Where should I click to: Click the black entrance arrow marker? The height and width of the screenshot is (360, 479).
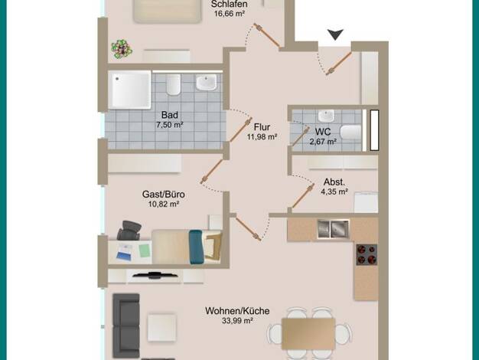pyautogui.click(x=335, y=34)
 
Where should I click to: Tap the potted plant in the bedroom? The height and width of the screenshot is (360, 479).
pyautogui.click(x=122, y=49)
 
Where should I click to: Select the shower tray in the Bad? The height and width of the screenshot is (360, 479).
pyautogui.click(x=130, y=90)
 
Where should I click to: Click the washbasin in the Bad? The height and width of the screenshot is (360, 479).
pyautogui.click(x=206, y=83)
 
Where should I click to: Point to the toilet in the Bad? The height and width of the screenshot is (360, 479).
pyautogui.click(x=173, y=84)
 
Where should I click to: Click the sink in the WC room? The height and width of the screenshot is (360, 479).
pyautogui.click(x=326, y=116)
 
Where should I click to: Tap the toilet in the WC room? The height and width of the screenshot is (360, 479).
pyautogui.click(x=351, y=133)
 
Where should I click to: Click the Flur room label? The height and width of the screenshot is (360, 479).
pyautogui.click(x=262, y=127)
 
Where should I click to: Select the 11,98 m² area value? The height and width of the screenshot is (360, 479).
pyautogui.click(x=262, y=137)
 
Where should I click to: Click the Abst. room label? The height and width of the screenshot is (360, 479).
pyautogui.click(x=334, y=182)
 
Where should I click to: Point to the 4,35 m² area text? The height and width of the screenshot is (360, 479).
pyautogui.click(x=334, y=191)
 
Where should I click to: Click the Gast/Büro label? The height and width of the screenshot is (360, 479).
pyautogui.click(x=164, y=195)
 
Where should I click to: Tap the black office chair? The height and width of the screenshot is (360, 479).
pyautogui.click(x=129, y=231)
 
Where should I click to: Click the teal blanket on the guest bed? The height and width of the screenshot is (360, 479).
pyautogui.click(x=196, y=247)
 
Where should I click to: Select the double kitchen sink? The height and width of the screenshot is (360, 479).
pyautogui.click(x=333, y=229)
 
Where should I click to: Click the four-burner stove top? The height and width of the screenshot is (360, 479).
pyautogui.click(x=367, y=254)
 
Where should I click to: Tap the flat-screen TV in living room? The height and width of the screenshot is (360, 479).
pyautogui.click(x=155, y=275)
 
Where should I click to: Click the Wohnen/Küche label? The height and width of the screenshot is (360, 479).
pyautogui.click(x=237, y=311)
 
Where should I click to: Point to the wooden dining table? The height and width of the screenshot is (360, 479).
pyautogui.click(x=308, y=334)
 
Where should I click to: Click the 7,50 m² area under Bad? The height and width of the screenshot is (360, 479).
pyautogui.click(x=170, y=125)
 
